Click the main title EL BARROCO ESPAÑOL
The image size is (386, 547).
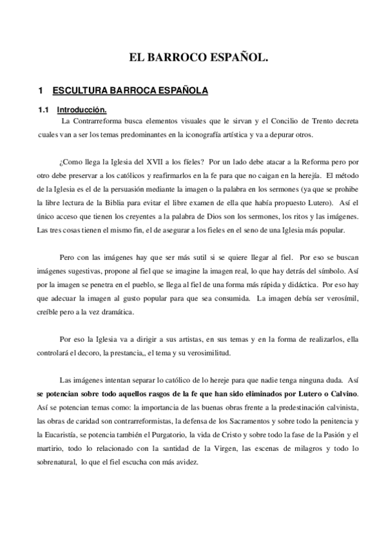pyautogui.click(x=193, y=57)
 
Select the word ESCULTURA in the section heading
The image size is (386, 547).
pyautogui.click(x=79, y=91)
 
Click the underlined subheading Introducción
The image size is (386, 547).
pyautogui.click(x=81, y=110)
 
